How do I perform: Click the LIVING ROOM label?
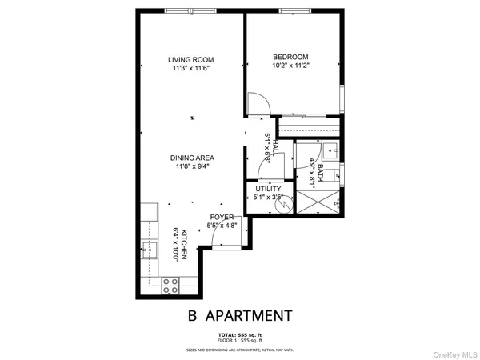(190, 60)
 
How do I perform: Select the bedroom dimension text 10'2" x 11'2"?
(290, 66)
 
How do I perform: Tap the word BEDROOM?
(290, 57)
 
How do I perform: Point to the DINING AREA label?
(190, 158)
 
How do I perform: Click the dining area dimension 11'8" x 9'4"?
(190, 166)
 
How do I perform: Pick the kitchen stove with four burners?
(170, 283)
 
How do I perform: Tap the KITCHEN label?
(183, 243)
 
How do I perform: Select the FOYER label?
(222, 217)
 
